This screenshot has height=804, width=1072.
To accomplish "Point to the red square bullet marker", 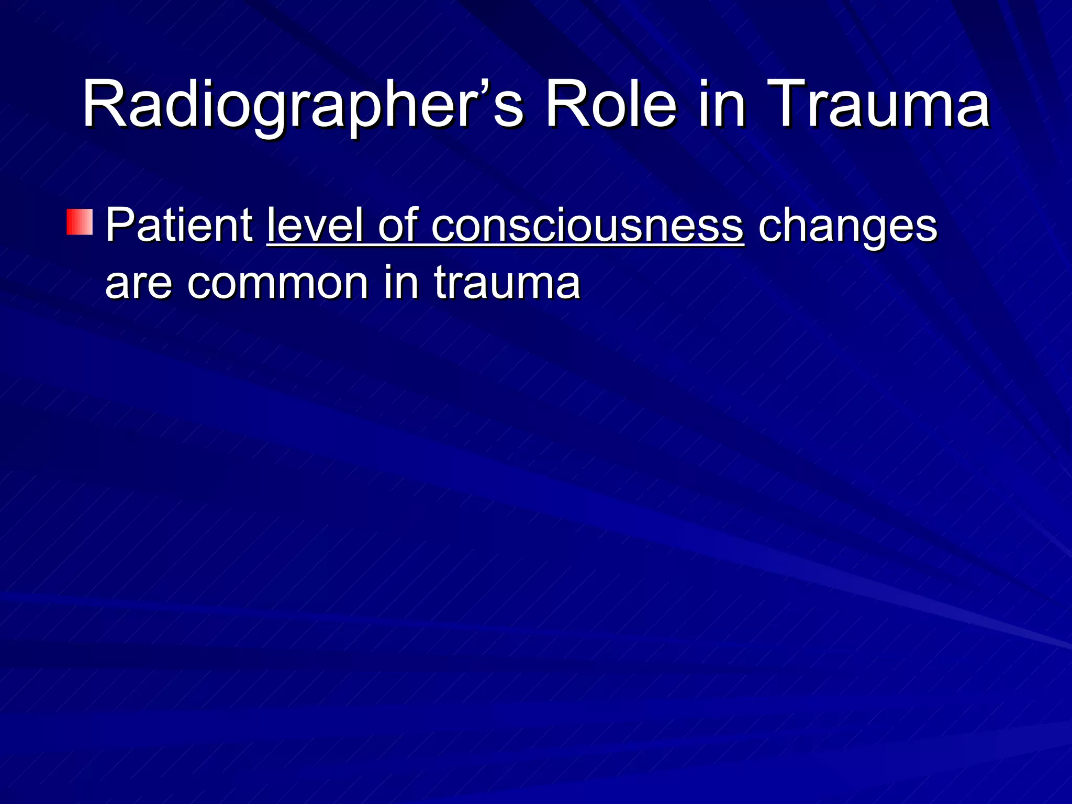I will [80, 221].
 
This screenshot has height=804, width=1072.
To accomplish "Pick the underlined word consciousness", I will [587, 225].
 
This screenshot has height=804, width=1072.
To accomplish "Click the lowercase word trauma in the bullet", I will [507, 283].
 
